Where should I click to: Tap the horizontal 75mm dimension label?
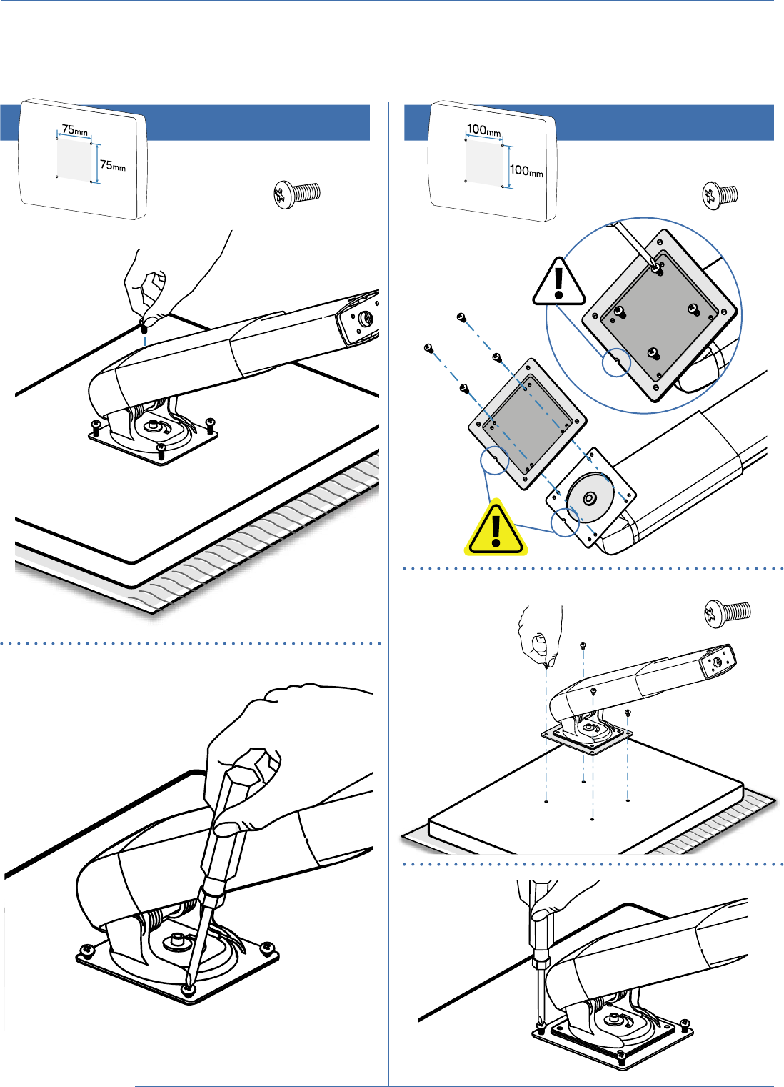click(x=75, y=130)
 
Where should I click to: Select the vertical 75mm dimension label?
click(x=113, y=165)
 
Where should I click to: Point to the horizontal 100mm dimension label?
click(x=484, y=130)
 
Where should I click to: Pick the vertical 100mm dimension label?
click(x=526, y=171)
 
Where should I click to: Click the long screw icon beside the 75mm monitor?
click(x=298, y=194)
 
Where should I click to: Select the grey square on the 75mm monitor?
click(x=75, y=158)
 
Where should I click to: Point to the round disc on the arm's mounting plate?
click(x=590, y=498)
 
